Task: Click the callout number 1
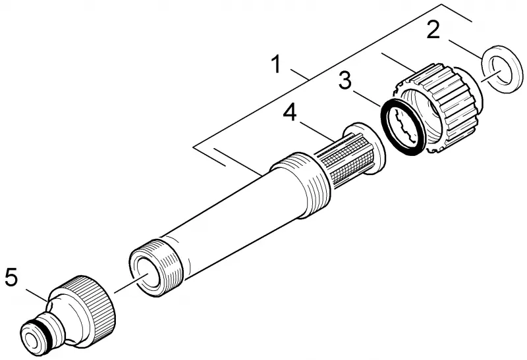[276, 64]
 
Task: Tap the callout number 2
[433, 29]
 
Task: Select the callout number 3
[345, 81]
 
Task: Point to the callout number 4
[290, 112]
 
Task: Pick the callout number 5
[11, 277]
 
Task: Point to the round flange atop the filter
[366, 148]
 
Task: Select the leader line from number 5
[37, 294]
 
